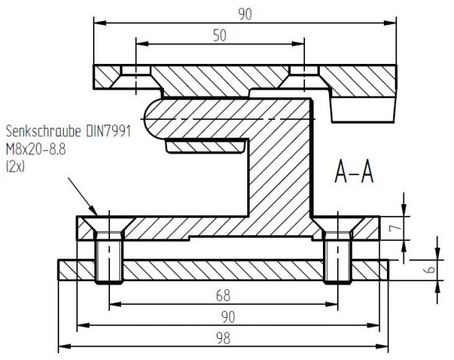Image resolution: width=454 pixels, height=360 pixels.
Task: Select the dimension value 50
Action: [221, 35]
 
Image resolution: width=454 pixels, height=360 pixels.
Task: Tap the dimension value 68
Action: [223, 296]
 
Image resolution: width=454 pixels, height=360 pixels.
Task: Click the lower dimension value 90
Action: [224, 316]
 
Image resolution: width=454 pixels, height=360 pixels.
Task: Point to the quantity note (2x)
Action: [16, 165]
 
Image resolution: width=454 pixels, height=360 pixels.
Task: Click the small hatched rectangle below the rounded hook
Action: [200, 146]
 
